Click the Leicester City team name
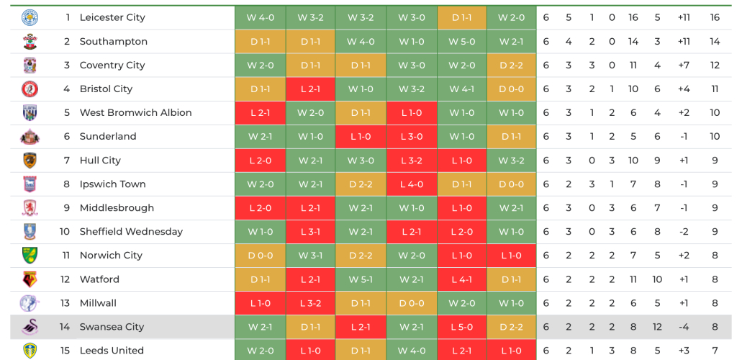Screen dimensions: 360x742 [112, 17]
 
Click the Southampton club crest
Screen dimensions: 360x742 [30, 41]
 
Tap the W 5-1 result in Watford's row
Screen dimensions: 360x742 [361, 279]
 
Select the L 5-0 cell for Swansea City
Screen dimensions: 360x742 [461, 327]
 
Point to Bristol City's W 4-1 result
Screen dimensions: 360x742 [461, 89]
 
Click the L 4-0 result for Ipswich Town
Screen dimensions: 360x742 [411, 184]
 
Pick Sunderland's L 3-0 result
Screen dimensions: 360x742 [411, 137]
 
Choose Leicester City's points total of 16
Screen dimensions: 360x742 [715, 17]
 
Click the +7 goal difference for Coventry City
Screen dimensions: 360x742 [684, 65]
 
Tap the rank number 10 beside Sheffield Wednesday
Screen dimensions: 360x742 [65, 232]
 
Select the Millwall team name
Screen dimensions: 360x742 [98, 303]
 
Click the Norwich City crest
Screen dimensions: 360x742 [30, 256]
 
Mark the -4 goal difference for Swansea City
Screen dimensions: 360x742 [684, 327]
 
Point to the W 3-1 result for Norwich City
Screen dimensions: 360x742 [310, 256]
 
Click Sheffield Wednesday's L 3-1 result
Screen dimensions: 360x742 [310, 232]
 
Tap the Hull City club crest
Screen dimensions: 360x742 [30, 161]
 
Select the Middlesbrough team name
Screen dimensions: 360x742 [117, 208]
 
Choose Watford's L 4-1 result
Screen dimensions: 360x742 [461, 279]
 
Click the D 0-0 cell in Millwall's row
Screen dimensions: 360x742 [411, 303]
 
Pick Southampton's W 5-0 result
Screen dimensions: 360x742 [461, 41]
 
